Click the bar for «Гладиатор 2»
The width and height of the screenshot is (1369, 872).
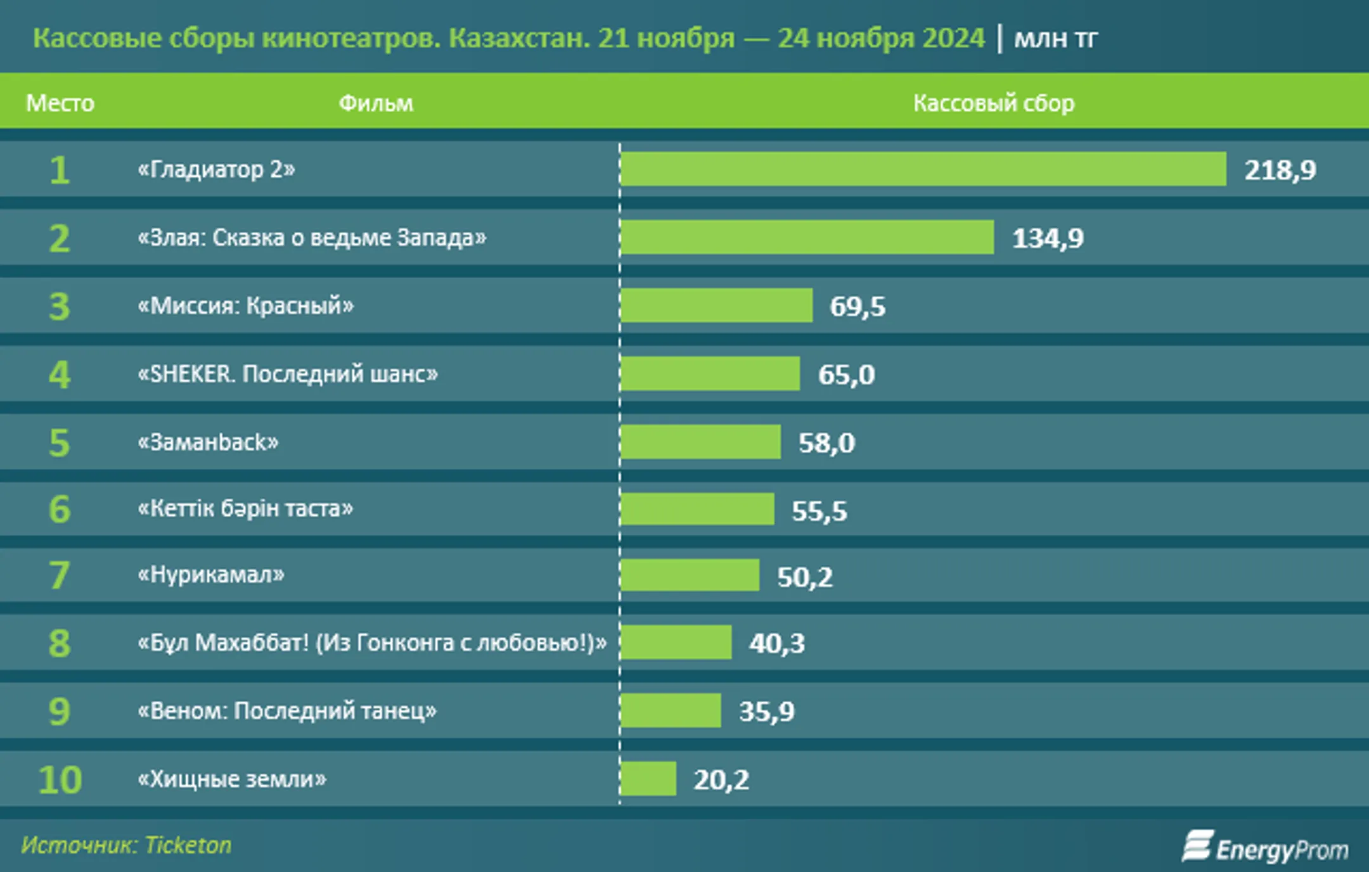[923, 169]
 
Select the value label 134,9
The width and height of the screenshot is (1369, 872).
[1048, 238]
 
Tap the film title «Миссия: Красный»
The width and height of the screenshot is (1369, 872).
[246, 306]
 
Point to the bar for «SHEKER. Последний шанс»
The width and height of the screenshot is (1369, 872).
[710, 374]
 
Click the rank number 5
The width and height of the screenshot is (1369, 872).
[59, 442]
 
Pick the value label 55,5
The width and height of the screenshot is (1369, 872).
[819, 511]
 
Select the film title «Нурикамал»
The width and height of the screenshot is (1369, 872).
[211, 575]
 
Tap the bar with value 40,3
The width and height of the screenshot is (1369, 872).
[676, 643]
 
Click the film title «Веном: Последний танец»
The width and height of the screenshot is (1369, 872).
[287, 711]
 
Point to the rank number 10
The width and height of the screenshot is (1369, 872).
[60, 779]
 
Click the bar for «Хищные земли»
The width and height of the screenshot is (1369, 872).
[648, 779]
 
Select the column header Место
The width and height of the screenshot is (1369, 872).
[60, 103]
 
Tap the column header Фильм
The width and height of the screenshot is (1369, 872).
[376, 103]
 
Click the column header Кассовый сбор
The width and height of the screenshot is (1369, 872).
[993, 103]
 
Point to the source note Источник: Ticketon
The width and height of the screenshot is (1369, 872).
[126, 845]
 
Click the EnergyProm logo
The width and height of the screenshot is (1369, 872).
[1265, 848]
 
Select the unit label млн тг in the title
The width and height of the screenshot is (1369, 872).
[1055, 39]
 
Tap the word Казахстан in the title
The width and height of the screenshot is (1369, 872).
[519, 39]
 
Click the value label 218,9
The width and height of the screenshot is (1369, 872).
[1280, 170]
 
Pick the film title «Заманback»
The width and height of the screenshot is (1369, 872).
[208, 442]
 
